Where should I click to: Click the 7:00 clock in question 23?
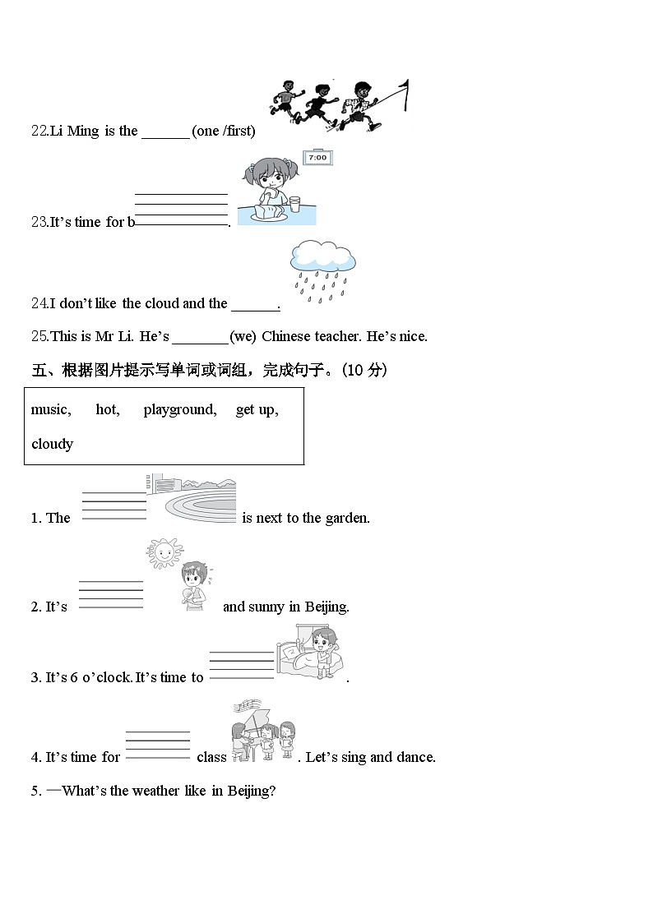click(317, 158)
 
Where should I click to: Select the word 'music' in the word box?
click(50, 409)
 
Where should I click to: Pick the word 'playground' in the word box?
click(179, 409)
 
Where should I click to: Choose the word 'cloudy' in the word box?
click(52, 444)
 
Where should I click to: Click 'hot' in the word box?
click(107, 409)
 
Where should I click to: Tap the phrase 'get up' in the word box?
click(257, 409)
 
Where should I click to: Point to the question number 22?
click(39, 131)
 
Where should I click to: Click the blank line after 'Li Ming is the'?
click(165, 133)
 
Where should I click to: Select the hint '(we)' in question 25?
click(243, 336)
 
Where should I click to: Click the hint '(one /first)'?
click(224, 131)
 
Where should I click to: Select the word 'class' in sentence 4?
click(211, 757)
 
